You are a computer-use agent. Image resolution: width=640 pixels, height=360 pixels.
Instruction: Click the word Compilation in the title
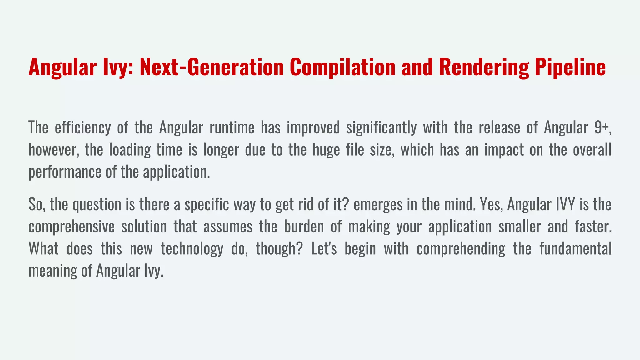342,67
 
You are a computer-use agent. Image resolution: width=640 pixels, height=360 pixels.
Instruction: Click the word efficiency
83,128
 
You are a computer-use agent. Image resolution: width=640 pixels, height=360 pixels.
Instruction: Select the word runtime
232,128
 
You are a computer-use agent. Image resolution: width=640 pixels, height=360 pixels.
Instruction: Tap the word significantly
381,128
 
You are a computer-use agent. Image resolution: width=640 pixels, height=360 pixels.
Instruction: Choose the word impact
504,150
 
